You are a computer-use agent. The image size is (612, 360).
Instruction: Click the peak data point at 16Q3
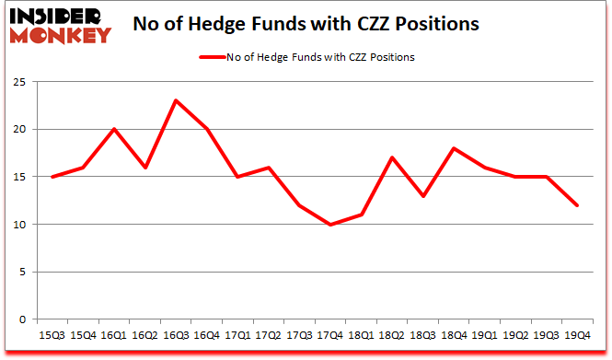[x=176, y=100]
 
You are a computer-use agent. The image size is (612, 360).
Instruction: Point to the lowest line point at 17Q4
[x=330, y=224]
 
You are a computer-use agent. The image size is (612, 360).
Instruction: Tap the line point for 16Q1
[x=113, y=129]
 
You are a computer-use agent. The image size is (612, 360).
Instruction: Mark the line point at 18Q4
[x=454, y=148]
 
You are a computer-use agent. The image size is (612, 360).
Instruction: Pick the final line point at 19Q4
[x=578, y=205]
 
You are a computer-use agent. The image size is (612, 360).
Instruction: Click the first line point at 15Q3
[x=52, y=177]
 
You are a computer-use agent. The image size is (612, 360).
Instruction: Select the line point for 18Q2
[x=392, y=157]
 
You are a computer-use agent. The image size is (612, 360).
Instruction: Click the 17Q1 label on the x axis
[x=237, y=336]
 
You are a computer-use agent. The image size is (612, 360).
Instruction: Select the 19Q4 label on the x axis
[x=578, y=336]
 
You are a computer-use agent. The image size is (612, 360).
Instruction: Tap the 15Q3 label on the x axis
[x=52, y=336]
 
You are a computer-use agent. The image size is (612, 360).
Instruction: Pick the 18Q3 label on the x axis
[x=423, y=336]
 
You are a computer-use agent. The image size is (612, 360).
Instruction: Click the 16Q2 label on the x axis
[x=144, y=336]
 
